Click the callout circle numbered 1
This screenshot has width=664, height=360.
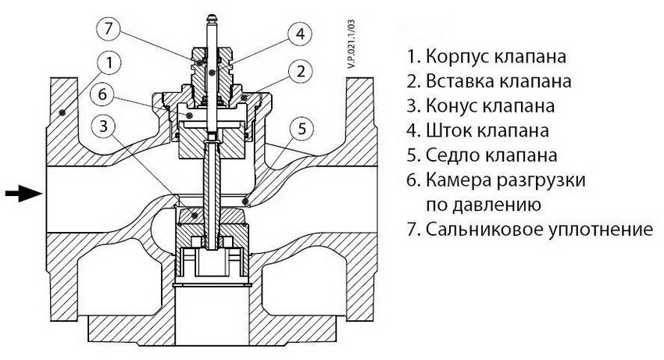tap(110, 61)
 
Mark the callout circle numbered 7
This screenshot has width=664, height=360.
tap(109, 28)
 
